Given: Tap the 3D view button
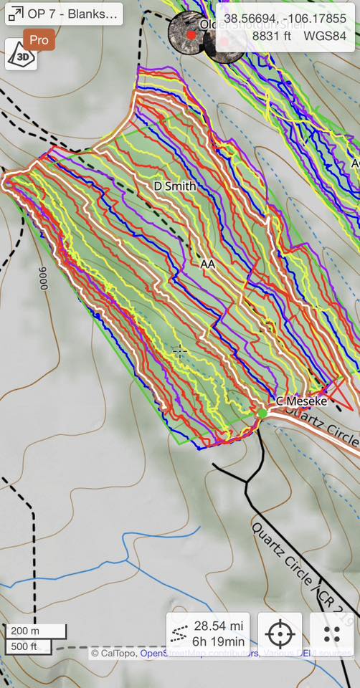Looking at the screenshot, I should (x=21, y=55).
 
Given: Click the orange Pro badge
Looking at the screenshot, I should (x=39, y=40).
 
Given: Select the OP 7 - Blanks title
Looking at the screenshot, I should (x=72, y=14).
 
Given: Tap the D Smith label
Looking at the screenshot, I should (x=175, y=186).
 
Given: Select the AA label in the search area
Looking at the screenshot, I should (x=208, y=264).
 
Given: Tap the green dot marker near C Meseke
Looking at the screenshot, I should (x=262, y=413).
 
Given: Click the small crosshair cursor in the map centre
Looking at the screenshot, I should (x=179, y=350).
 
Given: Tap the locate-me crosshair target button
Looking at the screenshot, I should (x=280, y=634).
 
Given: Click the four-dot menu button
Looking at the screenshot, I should (x=331, y=634).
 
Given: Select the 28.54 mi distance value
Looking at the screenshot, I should (x=218, y=626).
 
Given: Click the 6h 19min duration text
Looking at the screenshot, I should (x=218, y=643).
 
